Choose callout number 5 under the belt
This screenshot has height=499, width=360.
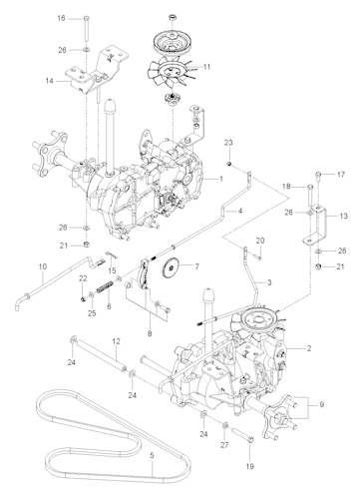152,456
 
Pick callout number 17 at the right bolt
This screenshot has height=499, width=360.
341,175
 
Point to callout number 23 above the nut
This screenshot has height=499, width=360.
227,143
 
